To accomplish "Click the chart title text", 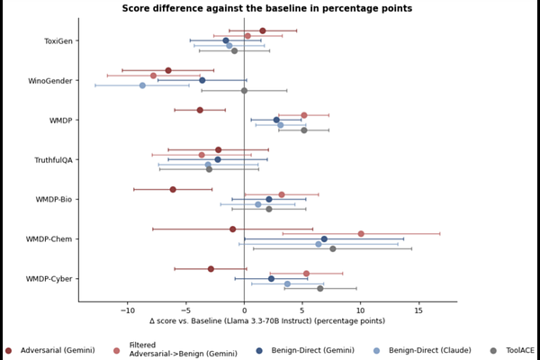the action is tap(267, 8).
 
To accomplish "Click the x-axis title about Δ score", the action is tap(267, 321).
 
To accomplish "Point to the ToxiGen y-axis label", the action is tap(58, 41).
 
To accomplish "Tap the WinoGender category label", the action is tap(50, 81).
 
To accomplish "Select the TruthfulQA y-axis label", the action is tap(53, 160).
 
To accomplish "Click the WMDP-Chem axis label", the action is tap(49, 239).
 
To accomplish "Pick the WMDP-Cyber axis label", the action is tap(49, 279).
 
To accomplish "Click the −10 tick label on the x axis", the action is tap(128, 310).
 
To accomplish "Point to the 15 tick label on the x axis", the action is tap(418, 310).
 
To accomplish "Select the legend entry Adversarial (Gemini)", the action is tap(49, 351).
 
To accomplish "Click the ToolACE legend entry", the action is tap(512, 351).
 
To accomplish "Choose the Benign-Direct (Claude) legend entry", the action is tap(423, 351).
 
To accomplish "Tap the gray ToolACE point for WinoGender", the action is tap(244, 91).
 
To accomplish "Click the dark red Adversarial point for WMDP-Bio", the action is tap(173, 190).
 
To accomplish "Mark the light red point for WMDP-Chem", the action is tap(361, 234).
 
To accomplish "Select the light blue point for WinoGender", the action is tap(142, 85).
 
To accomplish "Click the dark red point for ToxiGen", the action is tap(263, 31).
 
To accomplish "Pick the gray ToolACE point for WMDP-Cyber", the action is tap(319, 289).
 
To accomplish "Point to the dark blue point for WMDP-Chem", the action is tap(324, 239).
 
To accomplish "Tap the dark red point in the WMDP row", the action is tap(200, 110).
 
